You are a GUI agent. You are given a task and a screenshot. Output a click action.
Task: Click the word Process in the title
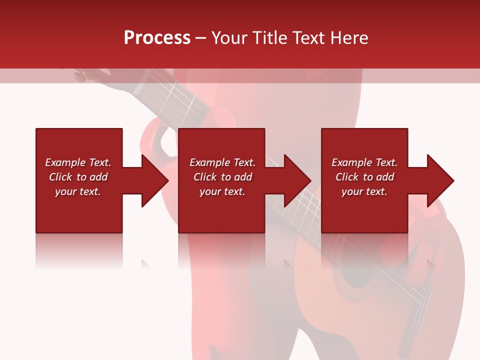[157, 38]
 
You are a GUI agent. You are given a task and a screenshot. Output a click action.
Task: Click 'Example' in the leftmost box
[65, 162]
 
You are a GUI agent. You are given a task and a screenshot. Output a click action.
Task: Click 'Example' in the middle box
[210, 162]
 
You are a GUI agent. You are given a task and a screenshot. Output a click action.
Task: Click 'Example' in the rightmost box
[352, 162]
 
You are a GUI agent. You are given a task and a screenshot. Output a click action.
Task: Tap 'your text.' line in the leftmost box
[78, 191]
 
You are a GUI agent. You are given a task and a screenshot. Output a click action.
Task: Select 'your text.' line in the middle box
[222, 191]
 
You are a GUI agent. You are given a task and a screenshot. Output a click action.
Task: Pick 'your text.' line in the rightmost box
[364, 191]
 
